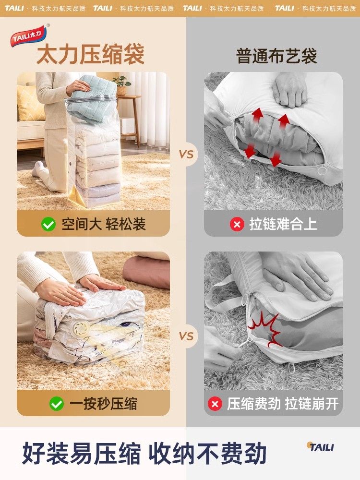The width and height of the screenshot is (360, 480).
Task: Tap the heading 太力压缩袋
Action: coord(90,54)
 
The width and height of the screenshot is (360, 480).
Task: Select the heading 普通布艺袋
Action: coord(276,56)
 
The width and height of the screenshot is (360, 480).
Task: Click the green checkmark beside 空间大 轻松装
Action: coord(48,224)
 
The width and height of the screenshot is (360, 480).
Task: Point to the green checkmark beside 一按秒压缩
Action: coord(56,403)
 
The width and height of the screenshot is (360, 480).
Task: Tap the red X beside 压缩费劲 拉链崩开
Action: coord(215,404)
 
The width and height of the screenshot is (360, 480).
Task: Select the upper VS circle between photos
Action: coord(186,155)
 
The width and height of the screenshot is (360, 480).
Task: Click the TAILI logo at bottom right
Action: coord(320,447)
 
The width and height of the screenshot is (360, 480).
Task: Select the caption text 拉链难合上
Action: coord(283,224)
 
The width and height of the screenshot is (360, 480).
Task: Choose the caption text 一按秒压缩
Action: coord(103,403)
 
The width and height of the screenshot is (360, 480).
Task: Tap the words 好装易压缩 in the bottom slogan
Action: coord(82,454)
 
